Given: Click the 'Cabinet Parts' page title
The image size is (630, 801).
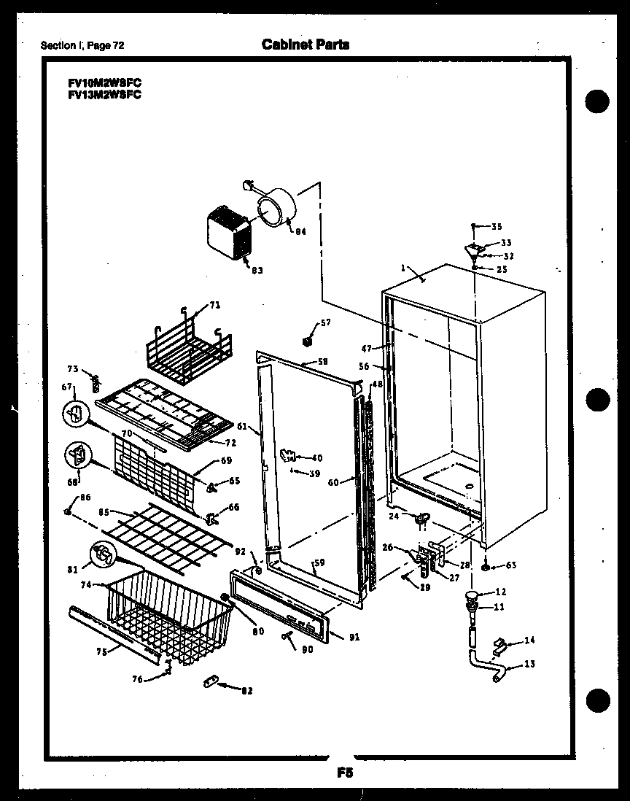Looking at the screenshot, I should coord(305,44).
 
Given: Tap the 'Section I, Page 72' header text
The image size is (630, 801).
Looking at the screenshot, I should coord(82,45).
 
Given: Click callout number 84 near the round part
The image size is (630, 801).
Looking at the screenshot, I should coord(300,231).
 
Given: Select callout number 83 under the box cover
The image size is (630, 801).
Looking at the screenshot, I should coord(256,270).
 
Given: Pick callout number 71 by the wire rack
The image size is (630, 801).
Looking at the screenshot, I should coord(215,305).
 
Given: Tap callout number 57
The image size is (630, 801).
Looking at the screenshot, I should coord(325,322).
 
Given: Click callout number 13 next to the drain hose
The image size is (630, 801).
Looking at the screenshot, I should coord(529,665).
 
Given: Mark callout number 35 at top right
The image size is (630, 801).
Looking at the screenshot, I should coord(497,226).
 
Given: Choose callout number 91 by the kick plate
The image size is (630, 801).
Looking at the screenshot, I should coord(354,637).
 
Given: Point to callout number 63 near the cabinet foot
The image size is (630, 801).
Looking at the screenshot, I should coord(510,565).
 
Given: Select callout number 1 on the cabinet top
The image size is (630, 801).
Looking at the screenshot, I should coord(402,268).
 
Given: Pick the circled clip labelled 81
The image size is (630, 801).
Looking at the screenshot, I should coord(104,556).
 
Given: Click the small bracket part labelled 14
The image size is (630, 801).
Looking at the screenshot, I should coord(500,645).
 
